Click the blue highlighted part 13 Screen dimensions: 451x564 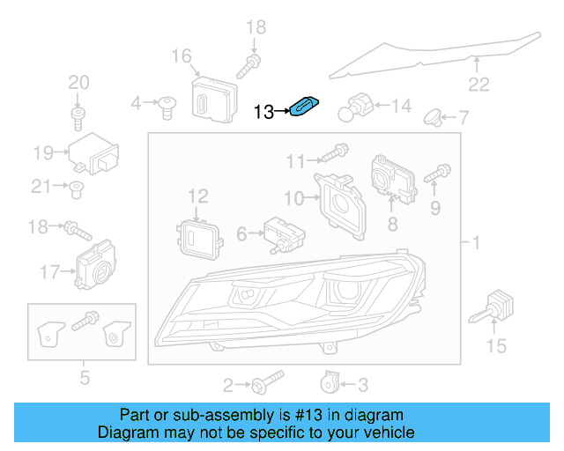pyautogui.click(x=303, y=107)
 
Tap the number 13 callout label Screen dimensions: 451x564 pyautogui.click(x=263, y=112)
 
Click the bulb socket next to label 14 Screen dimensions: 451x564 pyautogui.click(x=360, y=106)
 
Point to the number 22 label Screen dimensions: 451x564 pyautogui.click(x=478, y=85)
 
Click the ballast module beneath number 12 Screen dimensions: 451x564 pyautogui.click(x=197, y=235)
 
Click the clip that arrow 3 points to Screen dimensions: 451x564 pyautogui.click(x=328, y=381)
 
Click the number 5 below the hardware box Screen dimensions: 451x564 pyautogui.click(x=85, y=380)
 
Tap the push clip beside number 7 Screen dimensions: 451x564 pyautogui.click(x=434, y=115)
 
